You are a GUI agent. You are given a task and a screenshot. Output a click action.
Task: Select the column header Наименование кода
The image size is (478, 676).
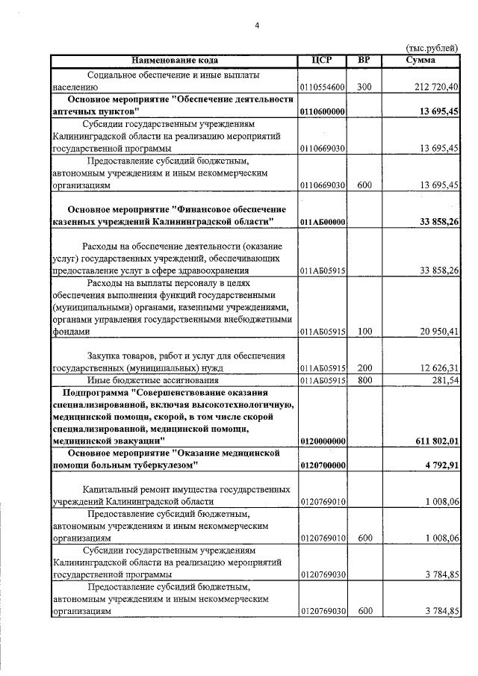[175, 59]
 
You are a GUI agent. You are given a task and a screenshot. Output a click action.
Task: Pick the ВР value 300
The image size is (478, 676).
[364, 87]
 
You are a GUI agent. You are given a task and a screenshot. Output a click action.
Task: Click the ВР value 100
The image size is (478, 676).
[364, 331]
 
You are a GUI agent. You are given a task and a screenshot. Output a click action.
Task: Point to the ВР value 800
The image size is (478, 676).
[364, 380]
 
